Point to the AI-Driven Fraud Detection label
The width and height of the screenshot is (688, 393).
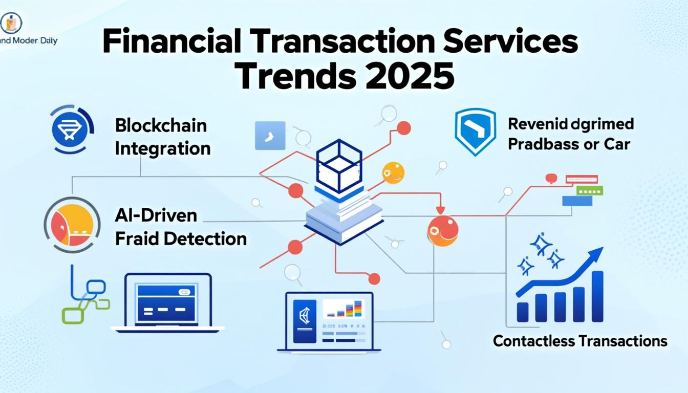pyautogui.click(x=181, y=227)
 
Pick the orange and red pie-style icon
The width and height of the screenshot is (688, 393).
pyautogui.click(x=72, y=225)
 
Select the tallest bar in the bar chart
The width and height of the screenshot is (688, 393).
pyautogui.click(x=597, y=296)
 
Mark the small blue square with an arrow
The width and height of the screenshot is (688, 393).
pyautogui.click(x=270, y=135)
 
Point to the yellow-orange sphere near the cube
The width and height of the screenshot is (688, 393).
pyautogui.click(x=393, y=173)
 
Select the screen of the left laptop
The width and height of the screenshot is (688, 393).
pyautogui.click(x=167, y=300)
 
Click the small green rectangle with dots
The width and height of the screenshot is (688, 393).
pyautogui.click(x=589, y=190)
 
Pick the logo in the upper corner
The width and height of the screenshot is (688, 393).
pyautogui.click(x=11, y=23)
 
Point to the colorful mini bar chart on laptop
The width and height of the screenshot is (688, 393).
pyautogui.click(x=344, y=309)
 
